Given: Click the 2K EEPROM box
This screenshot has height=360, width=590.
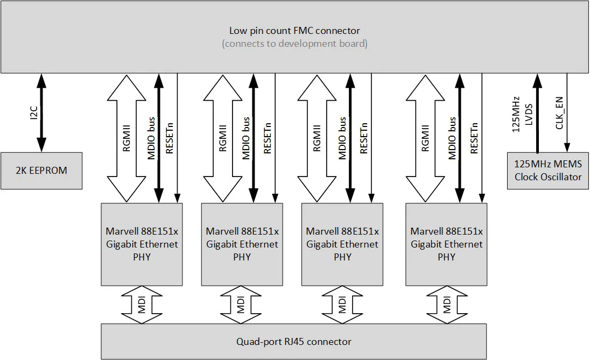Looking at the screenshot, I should click(41, 171).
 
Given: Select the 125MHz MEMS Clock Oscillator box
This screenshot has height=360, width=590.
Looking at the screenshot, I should click(548, 171).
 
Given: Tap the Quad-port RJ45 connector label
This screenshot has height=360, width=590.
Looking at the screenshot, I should click(293, 342).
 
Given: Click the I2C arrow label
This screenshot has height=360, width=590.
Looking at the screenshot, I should click(33, 112).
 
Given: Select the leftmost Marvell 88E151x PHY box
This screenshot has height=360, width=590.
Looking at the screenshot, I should click(142, 244).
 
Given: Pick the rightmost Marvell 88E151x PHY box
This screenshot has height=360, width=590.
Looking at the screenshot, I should click(446, 244).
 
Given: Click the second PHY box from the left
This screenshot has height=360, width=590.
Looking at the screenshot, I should click(242, 244).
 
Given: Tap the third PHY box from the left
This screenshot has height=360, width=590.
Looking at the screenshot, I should click(342, 244).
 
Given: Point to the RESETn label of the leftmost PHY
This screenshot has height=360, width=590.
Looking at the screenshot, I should click(170, 138).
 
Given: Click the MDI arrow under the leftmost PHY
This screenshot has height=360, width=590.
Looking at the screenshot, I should click(142, 305).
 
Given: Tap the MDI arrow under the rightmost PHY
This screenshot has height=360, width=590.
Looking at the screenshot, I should click(446, 305).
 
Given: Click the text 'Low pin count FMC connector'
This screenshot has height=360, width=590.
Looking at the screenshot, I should click(294, 31).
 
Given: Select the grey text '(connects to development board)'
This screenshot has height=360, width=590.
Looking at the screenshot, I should click(294, 44).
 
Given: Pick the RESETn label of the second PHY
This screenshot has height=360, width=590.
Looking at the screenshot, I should click(268, 138).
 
